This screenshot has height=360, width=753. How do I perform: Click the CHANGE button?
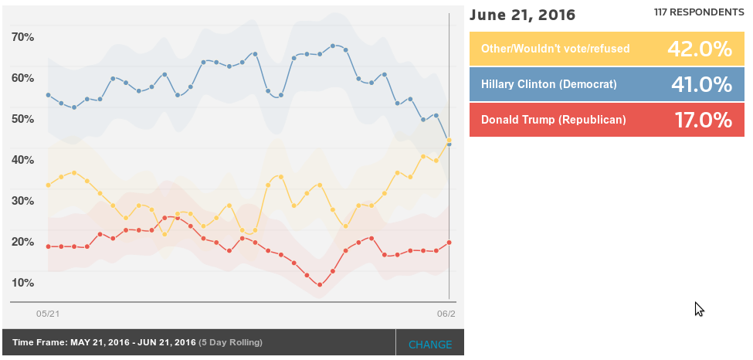pos(430,345)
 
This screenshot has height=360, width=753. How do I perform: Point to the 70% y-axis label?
pos(23,37)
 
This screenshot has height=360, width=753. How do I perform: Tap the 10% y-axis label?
pos(23,283)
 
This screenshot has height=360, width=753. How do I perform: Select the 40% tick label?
pos(23,160)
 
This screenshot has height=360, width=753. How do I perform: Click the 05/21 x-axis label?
pos(48,314)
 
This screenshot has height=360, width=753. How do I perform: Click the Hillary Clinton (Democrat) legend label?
pos(548,83)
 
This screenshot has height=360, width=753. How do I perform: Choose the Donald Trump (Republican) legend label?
pos(553,120)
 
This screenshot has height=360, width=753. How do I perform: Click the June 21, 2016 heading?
pos(522,15)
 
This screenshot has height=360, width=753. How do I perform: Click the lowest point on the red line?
pos(320,285)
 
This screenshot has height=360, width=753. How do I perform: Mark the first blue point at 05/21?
pos(48,95)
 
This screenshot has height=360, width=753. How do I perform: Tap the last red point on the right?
pos(449,243)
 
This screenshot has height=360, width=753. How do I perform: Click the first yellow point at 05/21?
pos(48,185)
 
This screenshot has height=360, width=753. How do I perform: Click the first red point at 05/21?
pos(48,246)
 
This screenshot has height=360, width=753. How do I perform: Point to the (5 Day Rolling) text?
pos(230,342)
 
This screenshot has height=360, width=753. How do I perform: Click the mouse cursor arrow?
pos(698,308)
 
